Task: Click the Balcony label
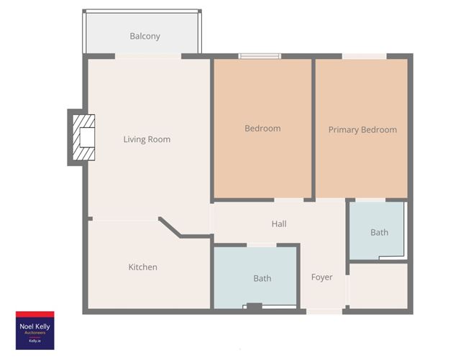pyautogui.click(x=145, y=36)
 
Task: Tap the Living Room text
pyautogui.click(x=147, y=139)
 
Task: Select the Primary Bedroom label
pyautogui.click(x=362, y=130)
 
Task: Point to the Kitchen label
pyautogui.click(x=142, y=267)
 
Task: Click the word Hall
pyautogui.click(x=279, y=224)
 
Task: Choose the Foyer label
pyautogui.click(x=321, y=277)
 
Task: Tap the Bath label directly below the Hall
pyautogui.click(x=262, y=278)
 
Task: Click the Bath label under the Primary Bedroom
pyautogui.click(x=379, y=232)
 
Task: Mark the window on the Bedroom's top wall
pyautogui.click(x=260, y=55)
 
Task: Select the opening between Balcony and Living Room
pyautogui.click(x=148, y=56)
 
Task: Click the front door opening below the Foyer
pyautogui.click(x=324, y=311)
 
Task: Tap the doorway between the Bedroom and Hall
pyautogui.click(x=289, y=200)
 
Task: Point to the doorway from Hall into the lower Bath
pyautogui.click(x=262, y=246)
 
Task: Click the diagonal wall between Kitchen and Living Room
pyautogui.click(x=171, y=228)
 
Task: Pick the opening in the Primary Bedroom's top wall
pyautogui.click(x=364, y=56)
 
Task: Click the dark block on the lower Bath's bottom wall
pyautogui.click(x=254, y=308)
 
